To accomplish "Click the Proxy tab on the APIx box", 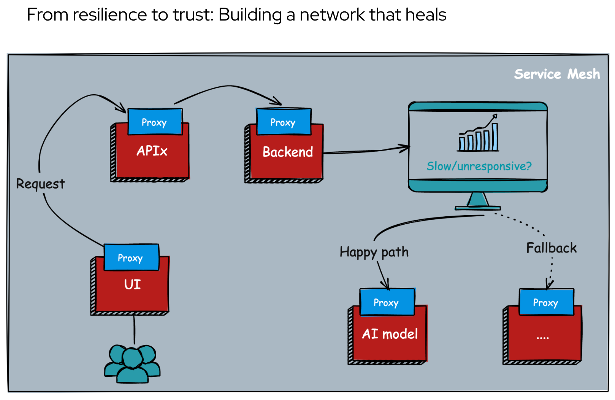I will [x=155, y=122].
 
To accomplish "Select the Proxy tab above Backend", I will [x=284, y=122].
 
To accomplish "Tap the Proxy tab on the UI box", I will [x=131, y=257].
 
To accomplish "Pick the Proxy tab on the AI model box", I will [x=387, y=302].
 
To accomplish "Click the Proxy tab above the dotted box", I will [x=546, y=302].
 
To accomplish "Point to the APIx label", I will [x=152, y=151].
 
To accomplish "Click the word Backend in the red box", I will [x=288, y=152].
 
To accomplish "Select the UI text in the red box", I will [x=132, y=284].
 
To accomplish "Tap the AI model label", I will [x=390, y=334].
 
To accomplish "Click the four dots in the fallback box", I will [x=543, y=337].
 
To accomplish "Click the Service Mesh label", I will [x=557, y=74].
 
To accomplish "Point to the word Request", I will [x=40, y=184].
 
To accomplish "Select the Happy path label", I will [x=374, y=252].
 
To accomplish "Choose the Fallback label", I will [x=552, y=248].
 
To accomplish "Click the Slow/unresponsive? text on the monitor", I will [x=479, y=166].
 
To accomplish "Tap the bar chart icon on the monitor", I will [x=478, y=134].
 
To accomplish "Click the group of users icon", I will [x=132, y=363].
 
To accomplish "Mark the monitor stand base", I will [x=478, y=208].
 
